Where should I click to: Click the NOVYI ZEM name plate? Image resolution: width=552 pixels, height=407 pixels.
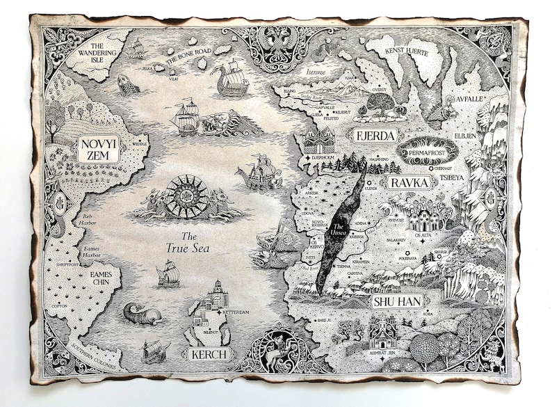[99, 149]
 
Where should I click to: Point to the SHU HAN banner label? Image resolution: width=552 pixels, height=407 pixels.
[398, 301]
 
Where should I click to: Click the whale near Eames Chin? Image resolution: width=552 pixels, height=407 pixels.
[141, 314]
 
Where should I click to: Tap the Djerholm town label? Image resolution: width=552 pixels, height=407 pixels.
[324, 158]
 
